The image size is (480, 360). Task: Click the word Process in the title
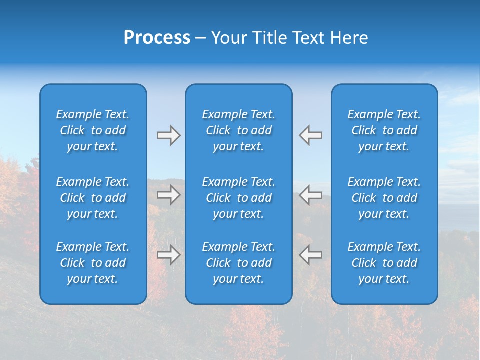pyautogui.click(x=157, y=38)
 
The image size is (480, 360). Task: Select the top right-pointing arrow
pyautogui.click(x=168, y=135)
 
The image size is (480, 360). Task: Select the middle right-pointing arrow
pyautogui.click(x=168, y=195)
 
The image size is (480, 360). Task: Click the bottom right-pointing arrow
pyautogui.click(x=168, y=255)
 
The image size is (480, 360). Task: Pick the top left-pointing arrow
pyautogui.click(x=311, y=135)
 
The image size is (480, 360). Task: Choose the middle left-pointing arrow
pyautogui.click(x=311, y=195)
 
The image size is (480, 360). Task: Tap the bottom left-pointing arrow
pyautogui.click(x=311, y=255)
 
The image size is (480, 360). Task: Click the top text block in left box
pyautogui.click(x=93, y=130)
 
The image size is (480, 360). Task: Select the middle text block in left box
pyautogui.click(x=93, y=198)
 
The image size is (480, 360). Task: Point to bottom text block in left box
pyautogui.click(x=93, y=263)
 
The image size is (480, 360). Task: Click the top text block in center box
pyautogui.click(x=239, y=130)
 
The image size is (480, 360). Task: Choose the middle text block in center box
pyautogui.click(x=239, y=198)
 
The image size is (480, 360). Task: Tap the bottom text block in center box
pyautogui.click(x=239, y=263)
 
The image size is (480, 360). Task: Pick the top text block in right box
pyautogui.click(x=384, y=130)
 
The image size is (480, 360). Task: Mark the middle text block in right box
pyautogui.click(x=384, y=198)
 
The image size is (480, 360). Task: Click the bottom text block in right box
pyautogui.click(x=384, y=263)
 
